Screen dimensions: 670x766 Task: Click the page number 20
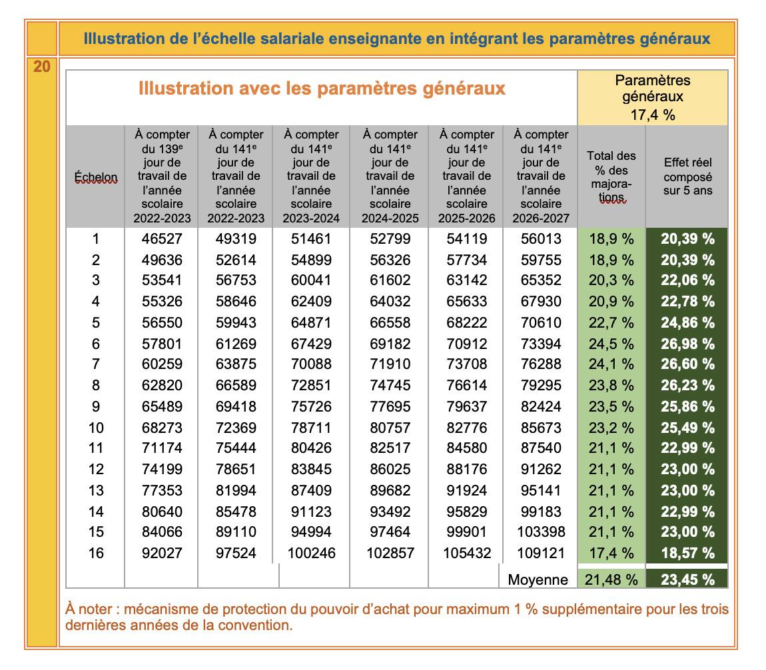pyautogui.click(x=41, y=67)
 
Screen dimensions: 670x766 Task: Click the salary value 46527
pyautogui.click(x=162, y=238)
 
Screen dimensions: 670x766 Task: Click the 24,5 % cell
pyautogui.click(x=611, y=344)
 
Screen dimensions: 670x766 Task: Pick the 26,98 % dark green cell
pyautogui.click(x=687, y=344)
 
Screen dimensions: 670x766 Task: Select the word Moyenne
pyautogui.click(x=538, y=580)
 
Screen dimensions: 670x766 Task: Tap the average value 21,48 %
pyautogui.click(x=611, y=580)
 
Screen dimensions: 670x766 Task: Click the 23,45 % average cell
pyautogui.click(x=687, y=580)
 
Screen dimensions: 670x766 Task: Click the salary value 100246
pyautogui.click(x=311, y=553)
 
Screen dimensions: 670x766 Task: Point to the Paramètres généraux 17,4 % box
pyautogui.click(x=652, y=97)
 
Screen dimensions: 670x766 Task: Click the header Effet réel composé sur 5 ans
pyautogui.click(x=687, y=176)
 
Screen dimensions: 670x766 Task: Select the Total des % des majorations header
pyautogui.click(x=611, y=176)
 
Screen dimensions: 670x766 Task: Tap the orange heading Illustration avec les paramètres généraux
pyautogui.click(x=322, y=89)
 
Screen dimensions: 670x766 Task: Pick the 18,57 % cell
pyautogui.click(x=687, y=553)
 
